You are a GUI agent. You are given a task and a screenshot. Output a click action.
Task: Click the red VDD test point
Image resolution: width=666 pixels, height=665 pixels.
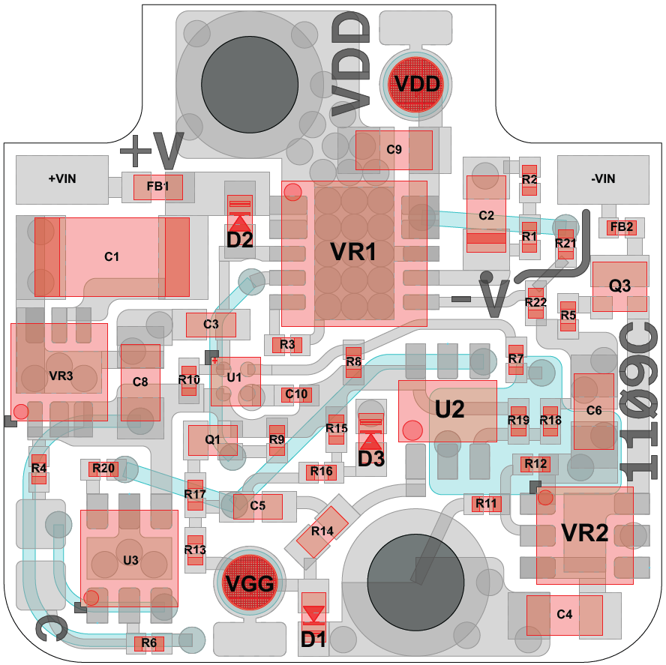pos(417,83)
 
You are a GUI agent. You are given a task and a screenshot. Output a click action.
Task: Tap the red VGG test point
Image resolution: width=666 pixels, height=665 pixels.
pos(250,583)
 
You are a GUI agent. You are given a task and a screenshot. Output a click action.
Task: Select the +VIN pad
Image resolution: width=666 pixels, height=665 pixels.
pos(62,178)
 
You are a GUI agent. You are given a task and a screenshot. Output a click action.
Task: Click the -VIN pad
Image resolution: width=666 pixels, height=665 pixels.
pos(603,178)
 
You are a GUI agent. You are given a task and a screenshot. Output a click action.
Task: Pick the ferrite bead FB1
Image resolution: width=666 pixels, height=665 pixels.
pos(157,187)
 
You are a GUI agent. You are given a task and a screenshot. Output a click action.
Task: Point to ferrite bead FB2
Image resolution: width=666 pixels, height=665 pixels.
pos(622,226)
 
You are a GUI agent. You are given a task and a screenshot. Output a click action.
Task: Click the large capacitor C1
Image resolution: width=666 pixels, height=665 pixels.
pos(112,256)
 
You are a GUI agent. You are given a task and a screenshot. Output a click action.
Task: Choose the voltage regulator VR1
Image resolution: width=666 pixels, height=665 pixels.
pos(354,253)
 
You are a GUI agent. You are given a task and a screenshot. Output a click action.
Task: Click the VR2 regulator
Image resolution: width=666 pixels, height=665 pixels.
pos(585,534)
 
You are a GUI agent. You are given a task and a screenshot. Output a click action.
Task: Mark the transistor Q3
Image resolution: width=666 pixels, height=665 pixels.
pos(619,286)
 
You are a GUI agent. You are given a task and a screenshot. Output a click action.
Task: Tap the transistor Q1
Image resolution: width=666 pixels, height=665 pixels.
pos(212,440)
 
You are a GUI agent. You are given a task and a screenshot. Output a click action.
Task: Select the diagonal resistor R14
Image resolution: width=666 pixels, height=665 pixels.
pos(322,531)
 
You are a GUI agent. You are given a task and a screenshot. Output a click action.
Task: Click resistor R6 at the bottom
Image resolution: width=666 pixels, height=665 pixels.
pos(148,643)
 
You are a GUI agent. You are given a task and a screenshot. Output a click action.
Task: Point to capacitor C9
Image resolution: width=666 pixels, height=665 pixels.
pos(394,149)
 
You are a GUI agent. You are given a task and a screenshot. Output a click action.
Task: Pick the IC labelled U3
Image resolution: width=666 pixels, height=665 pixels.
pos(130,559)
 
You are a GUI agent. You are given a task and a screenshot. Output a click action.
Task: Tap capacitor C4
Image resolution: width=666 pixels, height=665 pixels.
pos(565,614)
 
